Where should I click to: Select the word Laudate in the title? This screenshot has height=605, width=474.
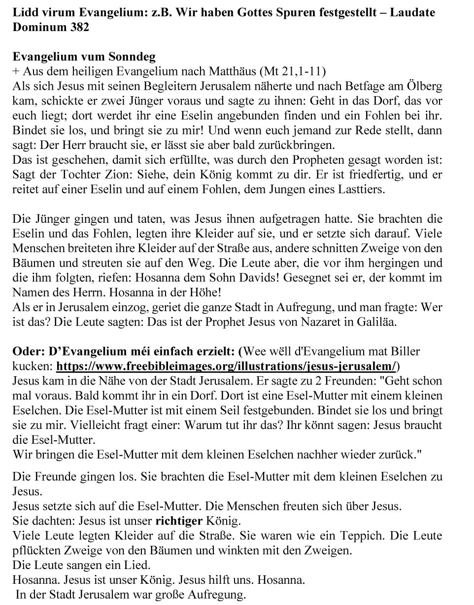tap(412, 12)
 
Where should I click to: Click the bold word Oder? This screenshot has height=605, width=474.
tap(28, 352)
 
